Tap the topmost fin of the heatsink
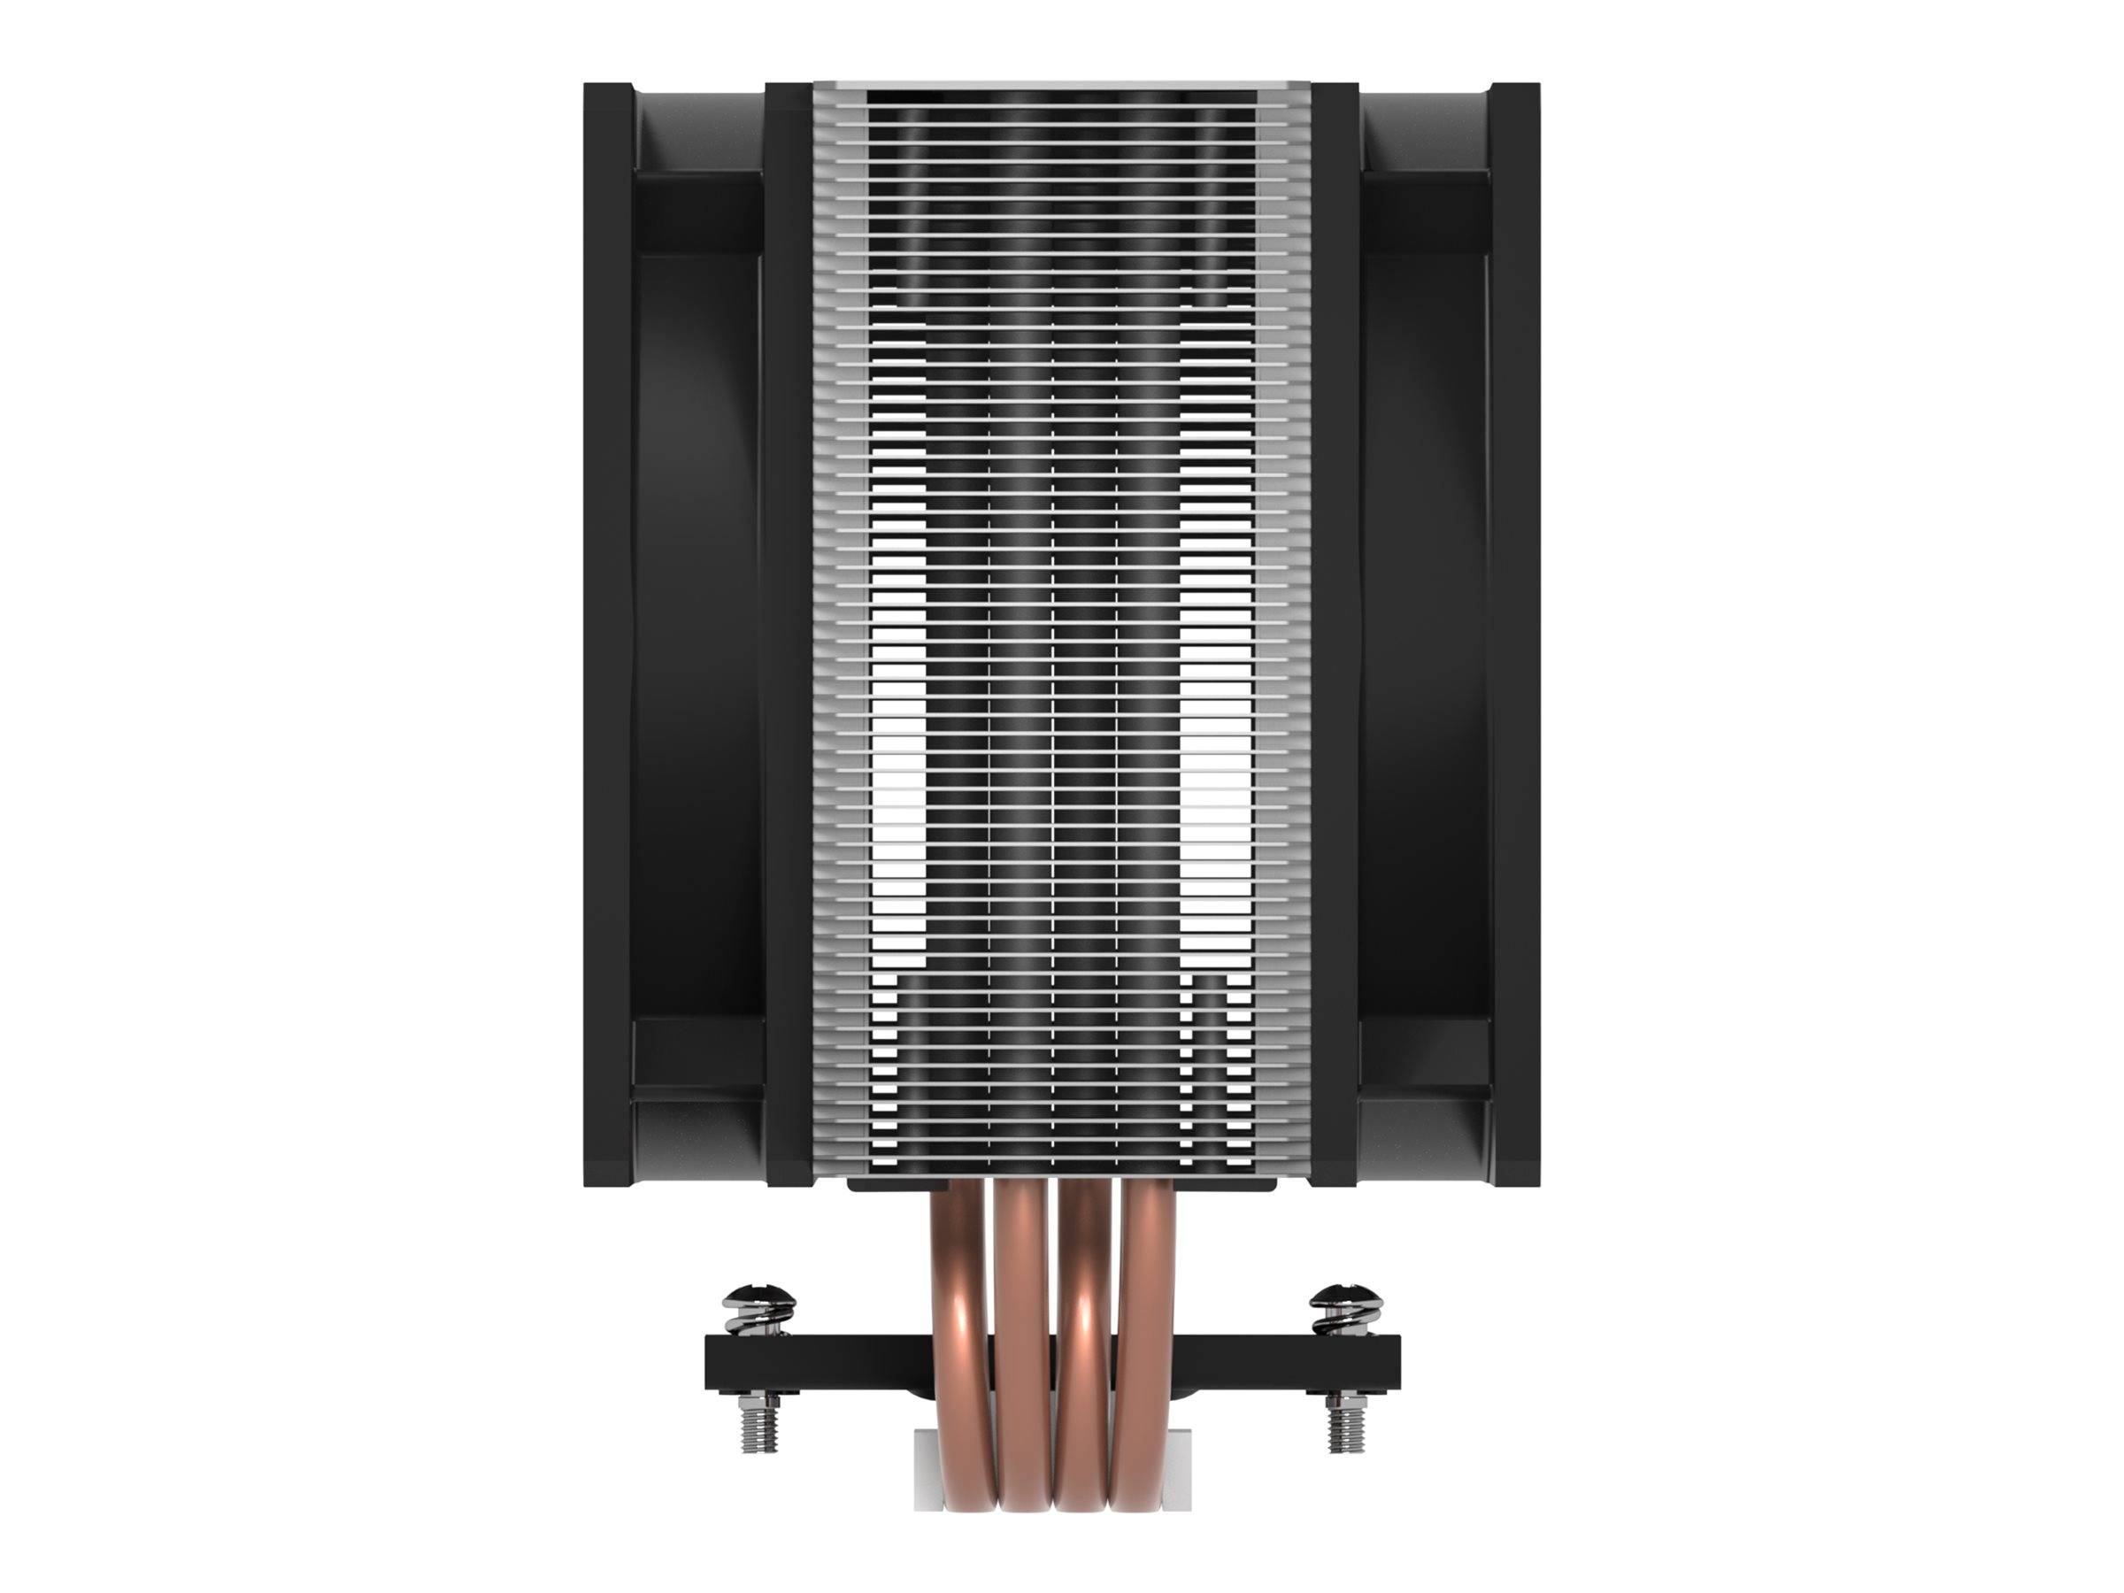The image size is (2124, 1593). click(x=1061, y=88)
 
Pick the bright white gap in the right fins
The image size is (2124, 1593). click(x=1215, y=749)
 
